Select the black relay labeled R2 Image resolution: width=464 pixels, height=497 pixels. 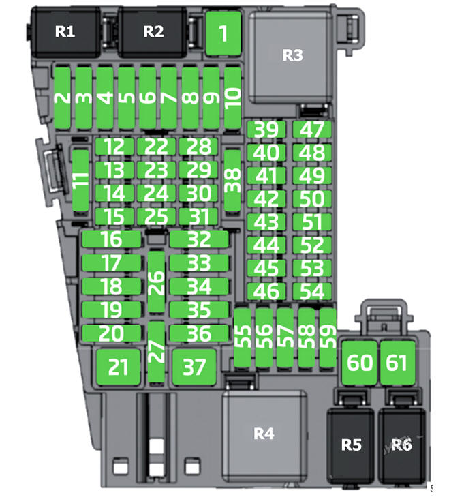click(x=153, y=32)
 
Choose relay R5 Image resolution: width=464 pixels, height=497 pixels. click(x=351, y=446)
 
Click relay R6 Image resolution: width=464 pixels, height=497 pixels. click(x=402, y=446)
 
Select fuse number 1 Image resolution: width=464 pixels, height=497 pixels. click(x=223, y=33)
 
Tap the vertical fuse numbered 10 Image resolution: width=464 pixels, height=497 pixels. click(x=233, y=98)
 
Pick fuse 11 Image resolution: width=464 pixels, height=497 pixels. click(x=80, y=180)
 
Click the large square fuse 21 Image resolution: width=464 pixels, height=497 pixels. click(x=118, y=367)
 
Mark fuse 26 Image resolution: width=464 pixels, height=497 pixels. click(x=156, y=282)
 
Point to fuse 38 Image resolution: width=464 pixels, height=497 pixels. click(x=232, y=180)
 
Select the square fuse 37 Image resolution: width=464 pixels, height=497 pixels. click(x=194, y=367)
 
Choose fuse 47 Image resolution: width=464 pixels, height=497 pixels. click(x=312, y=130)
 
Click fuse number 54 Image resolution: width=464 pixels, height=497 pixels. click(x=312, y=292)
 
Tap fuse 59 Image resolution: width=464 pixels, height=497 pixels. click(x=328, y=338)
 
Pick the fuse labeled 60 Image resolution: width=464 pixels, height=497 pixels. click(x=360, y=363)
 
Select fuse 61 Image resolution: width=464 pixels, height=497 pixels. click(x=397, y=363)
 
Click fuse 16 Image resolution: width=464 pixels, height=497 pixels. click(x=112, y=239)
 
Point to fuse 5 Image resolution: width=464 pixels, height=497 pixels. click(x=126, y=98)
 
